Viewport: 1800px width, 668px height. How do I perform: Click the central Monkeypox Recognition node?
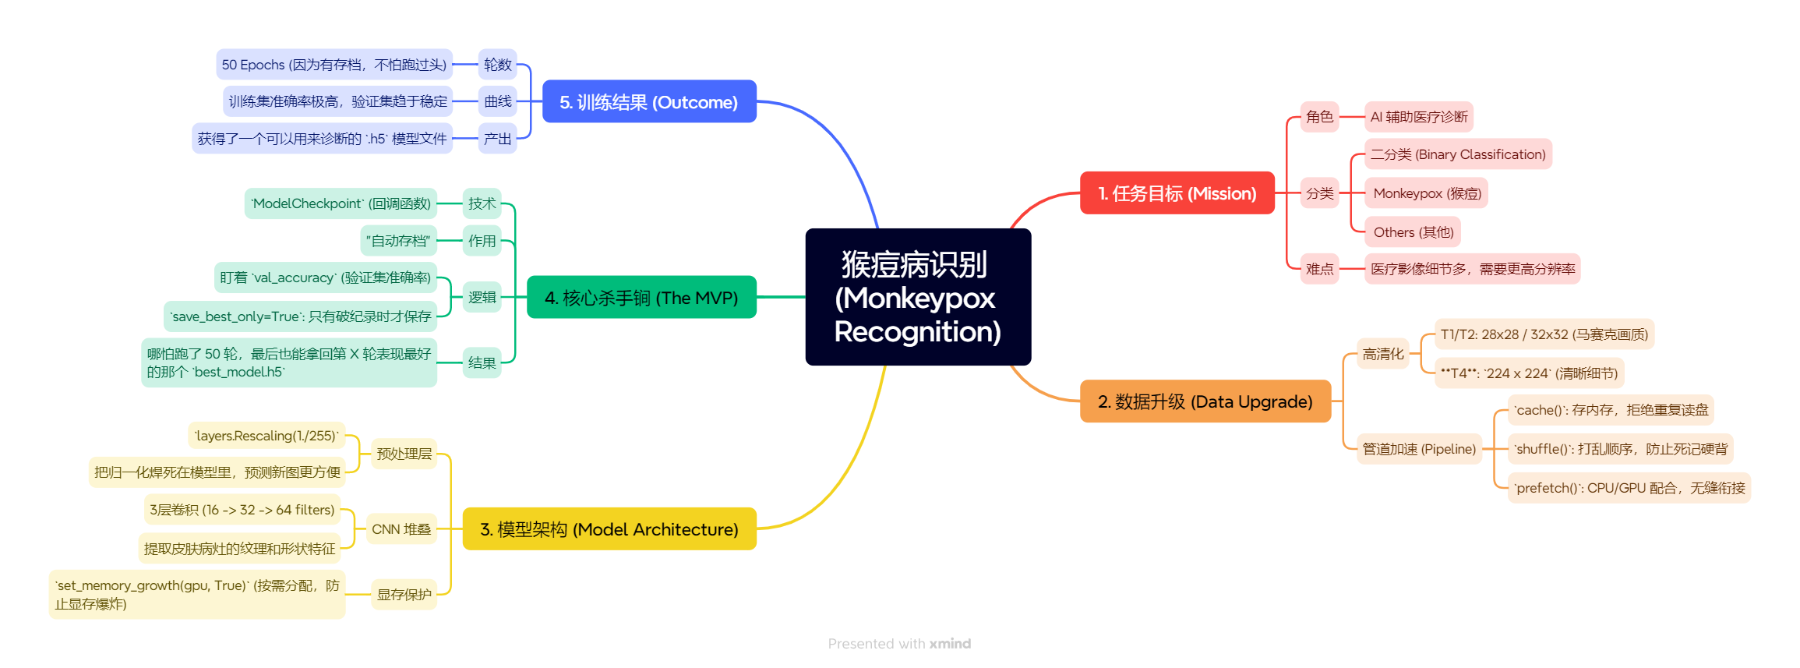coord(917,297)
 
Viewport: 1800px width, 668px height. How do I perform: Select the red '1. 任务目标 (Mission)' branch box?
coord(1177,193)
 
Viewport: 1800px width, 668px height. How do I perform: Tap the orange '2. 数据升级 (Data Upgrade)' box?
coord(1205,401)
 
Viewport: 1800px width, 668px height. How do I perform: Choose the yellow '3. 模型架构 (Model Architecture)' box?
coord(609,529)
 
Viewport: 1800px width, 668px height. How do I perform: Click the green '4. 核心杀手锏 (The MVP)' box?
coord(641,298)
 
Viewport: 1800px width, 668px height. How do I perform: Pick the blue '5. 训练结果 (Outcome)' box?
coord(648,102)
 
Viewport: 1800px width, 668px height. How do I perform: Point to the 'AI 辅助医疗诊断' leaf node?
coord(1418,117)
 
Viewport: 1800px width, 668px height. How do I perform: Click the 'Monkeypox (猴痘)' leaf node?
coord(1426,193)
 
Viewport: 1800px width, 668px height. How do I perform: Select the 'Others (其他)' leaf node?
coord(1413,232)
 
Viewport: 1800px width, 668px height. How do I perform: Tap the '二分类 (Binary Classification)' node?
coord(1457,154)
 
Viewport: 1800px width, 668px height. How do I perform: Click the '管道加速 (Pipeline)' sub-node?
coord(1418,449)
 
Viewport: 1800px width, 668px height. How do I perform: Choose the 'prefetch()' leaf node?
coord(1629,488)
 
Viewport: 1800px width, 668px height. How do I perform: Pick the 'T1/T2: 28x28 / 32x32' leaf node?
coord(1544,334)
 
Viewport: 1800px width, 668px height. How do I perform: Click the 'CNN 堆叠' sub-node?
coord(401,529)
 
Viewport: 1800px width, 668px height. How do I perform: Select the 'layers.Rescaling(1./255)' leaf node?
coord(266,436)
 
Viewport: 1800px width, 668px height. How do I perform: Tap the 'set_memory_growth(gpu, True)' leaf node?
coord(196,594)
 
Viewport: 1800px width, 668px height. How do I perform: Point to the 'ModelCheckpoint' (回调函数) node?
coord(341,203)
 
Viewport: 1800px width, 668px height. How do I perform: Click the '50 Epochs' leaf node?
coord(334,65)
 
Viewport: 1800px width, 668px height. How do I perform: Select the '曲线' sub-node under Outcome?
coord(497,101)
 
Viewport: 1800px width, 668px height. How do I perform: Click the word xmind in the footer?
coord(950,644)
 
